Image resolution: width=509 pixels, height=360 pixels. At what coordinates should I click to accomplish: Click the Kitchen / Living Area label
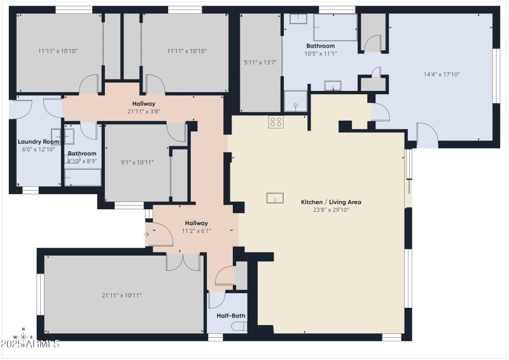click(x=331, y=202)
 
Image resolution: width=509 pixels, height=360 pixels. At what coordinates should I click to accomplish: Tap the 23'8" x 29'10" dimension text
click(x=331, y=210)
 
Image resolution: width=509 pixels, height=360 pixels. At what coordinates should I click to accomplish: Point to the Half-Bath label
click(x=231, y=315)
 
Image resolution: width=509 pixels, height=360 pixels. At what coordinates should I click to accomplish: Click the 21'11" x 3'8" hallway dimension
click(x=143, y=111)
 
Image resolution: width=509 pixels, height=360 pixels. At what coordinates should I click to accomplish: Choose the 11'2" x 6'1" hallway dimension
click(x=196, y=231)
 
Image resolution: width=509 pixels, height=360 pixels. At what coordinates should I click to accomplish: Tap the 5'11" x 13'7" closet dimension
click(x=260, y=62)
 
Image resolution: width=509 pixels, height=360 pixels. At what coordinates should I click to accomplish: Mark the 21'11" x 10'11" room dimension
click(x=121, y=295)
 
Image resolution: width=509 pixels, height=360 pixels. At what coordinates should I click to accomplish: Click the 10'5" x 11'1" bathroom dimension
click(x=320, y=53)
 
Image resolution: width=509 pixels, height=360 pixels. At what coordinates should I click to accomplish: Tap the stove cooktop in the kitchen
click(x=275, y=121)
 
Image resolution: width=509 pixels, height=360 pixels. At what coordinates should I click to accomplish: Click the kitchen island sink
click(x=275, y=198)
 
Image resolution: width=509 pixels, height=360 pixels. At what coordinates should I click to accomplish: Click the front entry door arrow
click(x=148, y=234)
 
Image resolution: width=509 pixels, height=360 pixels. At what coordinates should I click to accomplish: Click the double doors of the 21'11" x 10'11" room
click(x=183, y=261)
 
